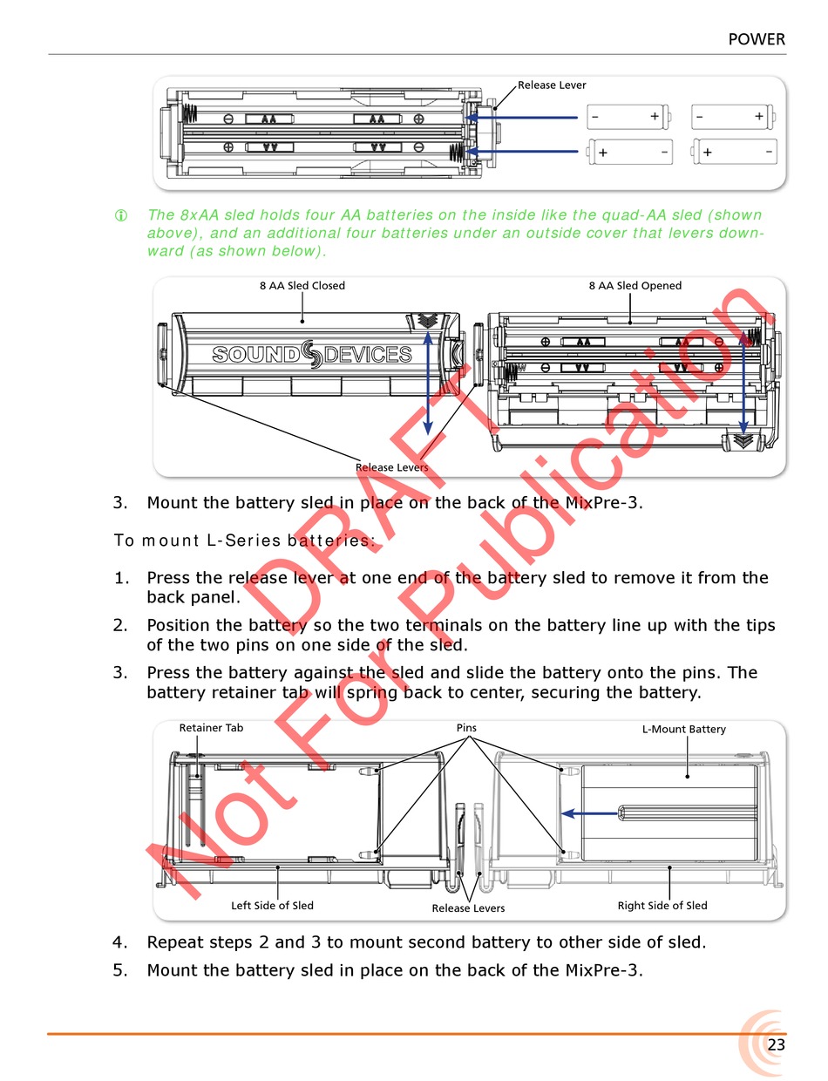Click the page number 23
(776, 1044)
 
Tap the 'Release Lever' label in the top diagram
(552, 85)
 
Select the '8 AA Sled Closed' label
(302, 285)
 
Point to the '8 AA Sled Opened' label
(635, 285)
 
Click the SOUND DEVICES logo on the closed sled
(312, 354)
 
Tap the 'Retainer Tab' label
(211, 728)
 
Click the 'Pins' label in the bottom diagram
(466, 727)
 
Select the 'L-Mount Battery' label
(683, 729)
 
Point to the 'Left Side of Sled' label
(272, 906)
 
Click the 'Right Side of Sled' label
(662, 906)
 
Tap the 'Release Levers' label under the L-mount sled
(468, 908)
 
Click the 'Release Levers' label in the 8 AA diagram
(391, 467)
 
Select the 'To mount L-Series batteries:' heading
(244, 540)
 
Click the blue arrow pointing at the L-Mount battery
(589, 813)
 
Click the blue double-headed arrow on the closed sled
(428, 384)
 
